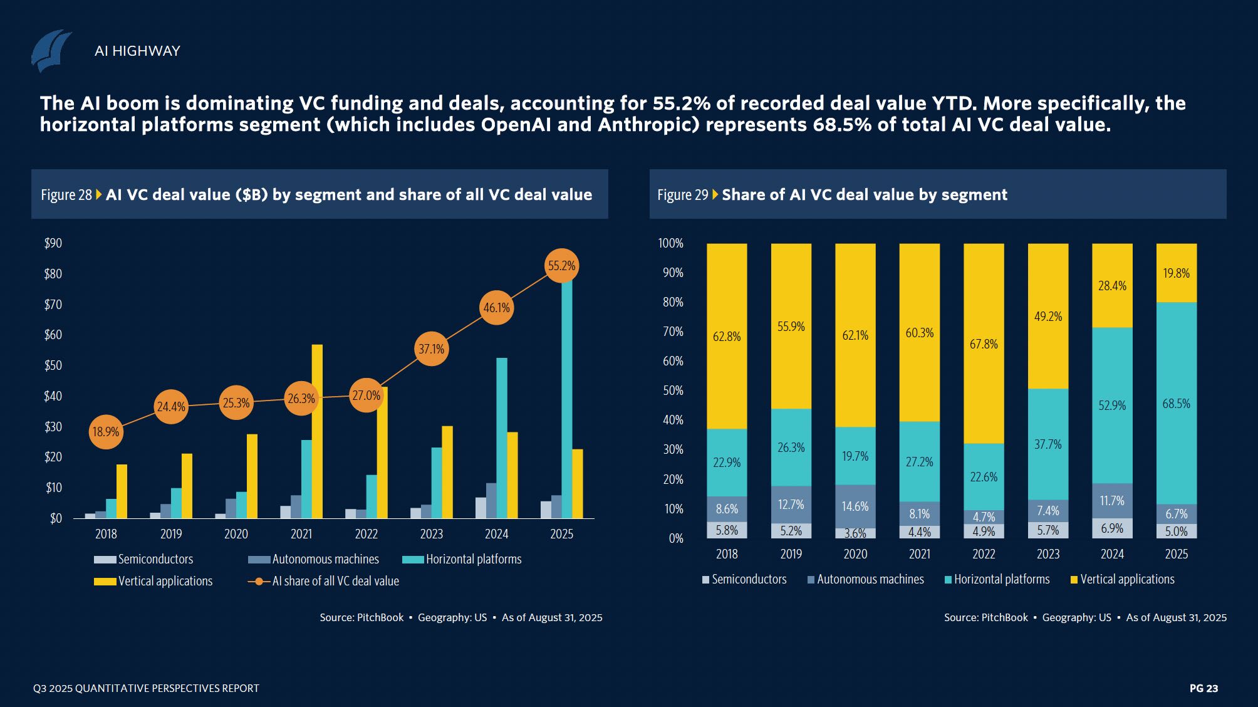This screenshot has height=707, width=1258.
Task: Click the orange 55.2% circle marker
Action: tap(561, 266)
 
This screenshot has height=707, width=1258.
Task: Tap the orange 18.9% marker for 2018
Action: tap(106, 432)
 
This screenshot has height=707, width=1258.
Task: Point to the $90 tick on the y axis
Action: tap(53, 243)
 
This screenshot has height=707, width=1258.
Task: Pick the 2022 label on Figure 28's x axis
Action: tap(366, 534)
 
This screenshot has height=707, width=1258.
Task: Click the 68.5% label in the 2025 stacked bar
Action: tap(1176, 404)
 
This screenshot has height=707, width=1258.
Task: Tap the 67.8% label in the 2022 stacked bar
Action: tap(984, 344)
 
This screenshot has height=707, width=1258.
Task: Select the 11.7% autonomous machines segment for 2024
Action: tap(1112, 501)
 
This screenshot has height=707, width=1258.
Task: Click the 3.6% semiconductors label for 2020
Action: tap(855, 533)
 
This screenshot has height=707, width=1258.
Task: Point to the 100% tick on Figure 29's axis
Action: tap(670, 243)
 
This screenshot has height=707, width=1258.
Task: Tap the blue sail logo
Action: tap(51, 51)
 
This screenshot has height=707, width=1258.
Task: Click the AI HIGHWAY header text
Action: tap(137, 51)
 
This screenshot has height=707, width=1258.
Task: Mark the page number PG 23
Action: tap(1203, 688)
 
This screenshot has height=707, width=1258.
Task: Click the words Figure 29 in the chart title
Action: tap(682, 195)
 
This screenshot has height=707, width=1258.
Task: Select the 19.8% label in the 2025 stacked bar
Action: tap(1176, 273)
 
